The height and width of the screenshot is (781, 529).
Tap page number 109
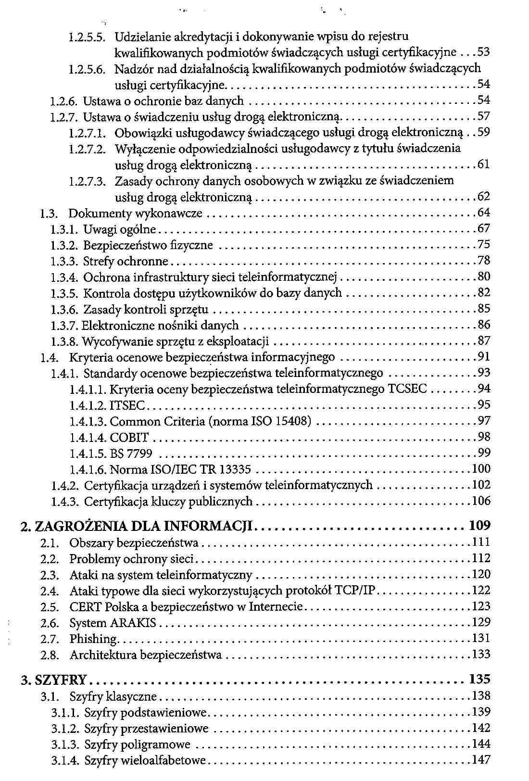(479, 525)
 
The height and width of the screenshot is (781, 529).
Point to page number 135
(479, 680)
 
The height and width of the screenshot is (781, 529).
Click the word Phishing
(93, 639)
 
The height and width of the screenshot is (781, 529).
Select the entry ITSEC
(127, 405)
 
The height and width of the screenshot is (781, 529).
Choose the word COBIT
(129, 438)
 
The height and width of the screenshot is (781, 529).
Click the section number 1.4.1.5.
(88, 453)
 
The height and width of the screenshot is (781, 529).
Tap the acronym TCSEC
(407, 389)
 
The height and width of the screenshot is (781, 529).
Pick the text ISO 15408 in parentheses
(281, 422)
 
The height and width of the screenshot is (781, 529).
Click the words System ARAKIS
(113, 623)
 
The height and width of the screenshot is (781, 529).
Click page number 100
(480, 469)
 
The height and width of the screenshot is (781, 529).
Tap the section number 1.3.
(50, 214)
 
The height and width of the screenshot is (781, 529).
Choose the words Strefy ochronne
(126, 262)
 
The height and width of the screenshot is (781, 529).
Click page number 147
(480, 760)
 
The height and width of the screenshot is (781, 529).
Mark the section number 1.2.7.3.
(87, 181)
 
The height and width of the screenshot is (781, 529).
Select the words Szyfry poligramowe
(137, 744)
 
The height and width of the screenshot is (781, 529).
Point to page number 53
(483, 52)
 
